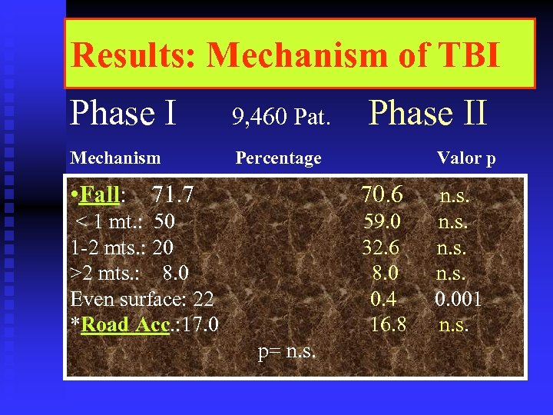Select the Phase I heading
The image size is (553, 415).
(x=123, y=114)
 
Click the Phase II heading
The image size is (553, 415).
(x=428, y=114)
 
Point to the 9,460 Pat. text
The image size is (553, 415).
(x=281, y=118)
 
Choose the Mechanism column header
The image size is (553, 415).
(x=115, y=158)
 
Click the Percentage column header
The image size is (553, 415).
(x=278, y=158)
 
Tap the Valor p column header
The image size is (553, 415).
(x=466, y=159)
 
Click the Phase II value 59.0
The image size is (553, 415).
(x=382, y=222)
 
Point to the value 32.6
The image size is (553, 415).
(x=382, y=247)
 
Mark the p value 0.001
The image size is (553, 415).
(x=459, y=299)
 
